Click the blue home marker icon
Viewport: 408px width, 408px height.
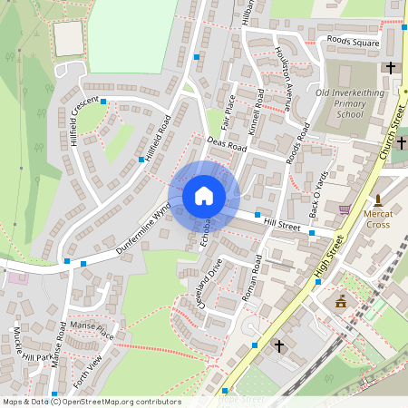204,196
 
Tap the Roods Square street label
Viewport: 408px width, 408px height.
355,42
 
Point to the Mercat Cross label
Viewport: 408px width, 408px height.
378,219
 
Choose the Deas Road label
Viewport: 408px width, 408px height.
227,144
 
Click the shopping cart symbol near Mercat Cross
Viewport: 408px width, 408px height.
345,209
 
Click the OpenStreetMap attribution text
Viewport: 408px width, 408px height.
92,402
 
